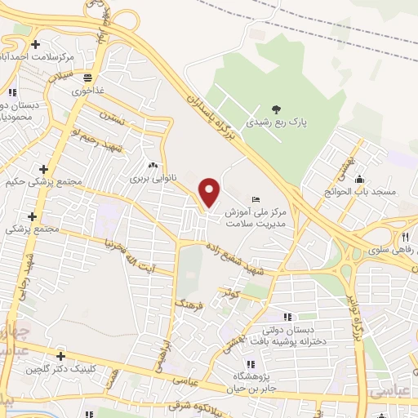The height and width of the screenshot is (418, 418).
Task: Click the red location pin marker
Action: pos(210,193)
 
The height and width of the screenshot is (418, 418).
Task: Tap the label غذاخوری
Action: pos(87,91)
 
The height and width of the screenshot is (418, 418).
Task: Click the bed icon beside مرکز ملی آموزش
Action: pos(256,199)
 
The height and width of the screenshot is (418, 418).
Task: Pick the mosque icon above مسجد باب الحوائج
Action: pos(359,180)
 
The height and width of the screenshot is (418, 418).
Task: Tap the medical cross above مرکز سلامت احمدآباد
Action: pos(34,44)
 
